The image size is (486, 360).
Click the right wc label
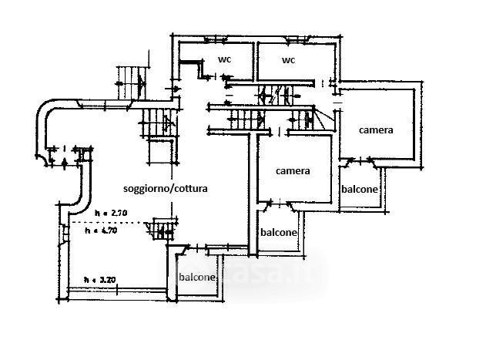289,59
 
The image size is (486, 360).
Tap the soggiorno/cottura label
165,187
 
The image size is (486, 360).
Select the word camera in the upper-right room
377,130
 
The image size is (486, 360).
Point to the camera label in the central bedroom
293,171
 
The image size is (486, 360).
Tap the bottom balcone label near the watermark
197,278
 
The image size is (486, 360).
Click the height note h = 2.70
109,213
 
